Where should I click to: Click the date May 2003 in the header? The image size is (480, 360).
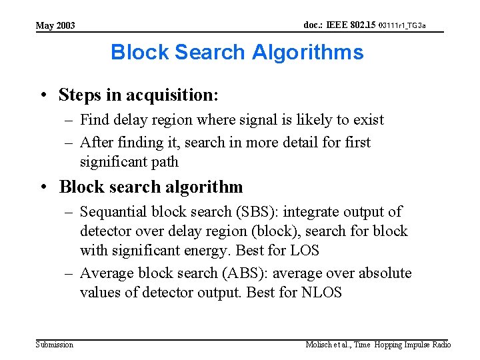(55, 26)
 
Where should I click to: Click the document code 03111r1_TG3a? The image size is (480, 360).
(402, 25)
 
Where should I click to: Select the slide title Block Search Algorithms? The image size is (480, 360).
(237, 52)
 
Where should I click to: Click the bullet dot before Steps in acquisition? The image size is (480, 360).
(42, 95)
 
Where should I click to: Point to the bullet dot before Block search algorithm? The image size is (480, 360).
(42, 187)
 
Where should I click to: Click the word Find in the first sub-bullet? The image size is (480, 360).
(95, 120)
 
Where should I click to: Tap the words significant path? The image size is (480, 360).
(129, 161)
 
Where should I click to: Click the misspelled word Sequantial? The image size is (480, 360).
(113, 212)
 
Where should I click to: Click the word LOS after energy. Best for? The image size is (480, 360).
(305, 251)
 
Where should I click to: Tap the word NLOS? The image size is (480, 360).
(323, 292)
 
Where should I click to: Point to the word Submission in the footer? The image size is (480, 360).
(55, 345)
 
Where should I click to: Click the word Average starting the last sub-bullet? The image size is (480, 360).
(107, 273)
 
